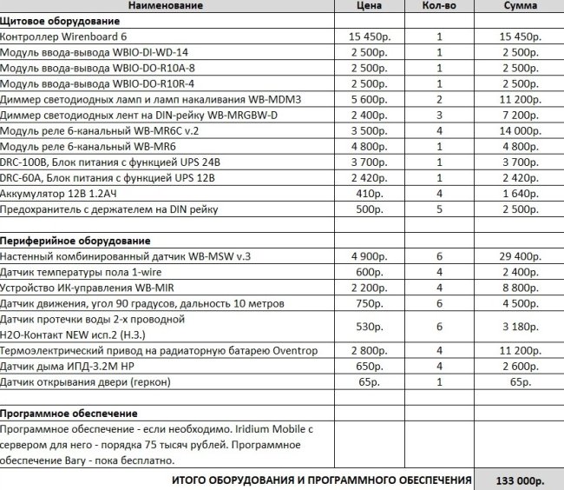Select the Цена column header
point(371,6)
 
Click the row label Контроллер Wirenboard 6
point(63,37)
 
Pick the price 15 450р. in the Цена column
point(371,37)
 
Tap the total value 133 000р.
point(520,480)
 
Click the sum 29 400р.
point(520,255)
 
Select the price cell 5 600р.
point(371,100)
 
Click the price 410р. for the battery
point(371,194)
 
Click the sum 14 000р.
point(520,131)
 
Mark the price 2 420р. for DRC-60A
point(371,178)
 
